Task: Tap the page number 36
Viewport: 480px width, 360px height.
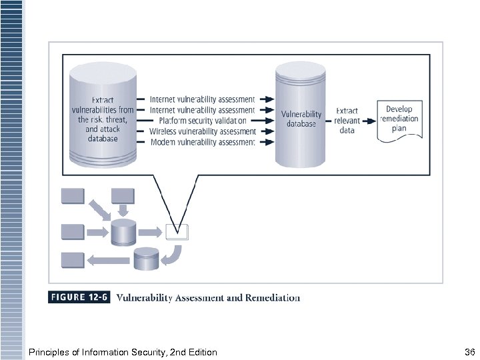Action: click(468, 351)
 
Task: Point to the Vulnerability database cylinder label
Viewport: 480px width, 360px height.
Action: click(301, 119)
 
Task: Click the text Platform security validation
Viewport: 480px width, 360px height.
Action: click(198, 121)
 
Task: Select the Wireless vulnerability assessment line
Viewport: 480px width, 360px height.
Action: click(202, 131)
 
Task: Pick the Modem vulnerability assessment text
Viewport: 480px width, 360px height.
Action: click(202, 142)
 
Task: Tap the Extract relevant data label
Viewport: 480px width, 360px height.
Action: click(347, 121)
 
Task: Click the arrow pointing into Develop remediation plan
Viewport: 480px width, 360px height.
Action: click(369, 121)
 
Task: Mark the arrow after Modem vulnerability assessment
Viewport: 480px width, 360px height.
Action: click(266, 142)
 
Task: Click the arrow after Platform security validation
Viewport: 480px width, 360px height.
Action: click(266, 121)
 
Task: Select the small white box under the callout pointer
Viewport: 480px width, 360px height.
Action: click(177, 232)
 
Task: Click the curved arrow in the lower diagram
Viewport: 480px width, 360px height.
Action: click(175, 253)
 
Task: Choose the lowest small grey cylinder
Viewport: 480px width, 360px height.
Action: click(146, 259)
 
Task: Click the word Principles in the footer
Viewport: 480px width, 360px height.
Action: click(49, 351)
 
